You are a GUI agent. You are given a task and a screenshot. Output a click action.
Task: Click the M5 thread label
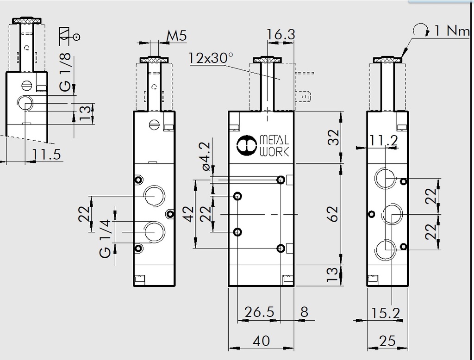tap(177, 35)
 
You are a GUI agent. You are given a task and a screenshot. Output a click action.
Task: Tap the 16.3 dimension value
tap(281, 35)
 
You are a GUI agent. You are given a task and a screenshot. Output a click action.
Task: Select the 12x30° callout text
tap(211, 59)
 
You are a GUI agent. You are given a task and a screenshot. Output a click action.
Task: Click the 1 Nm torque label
tap(451, 31)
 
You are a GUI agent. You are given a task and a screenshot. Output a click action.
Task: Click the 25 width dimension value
tap(387, 341)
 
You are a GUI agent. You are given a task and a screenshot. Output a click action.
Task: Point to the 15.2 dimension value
tap(385, 313)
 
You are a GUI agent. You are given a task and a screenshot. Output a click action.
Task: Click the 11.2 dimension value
tap(384, 141)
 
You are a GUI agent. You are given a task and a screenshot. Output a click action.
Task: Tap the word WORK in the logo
tap(275, 151)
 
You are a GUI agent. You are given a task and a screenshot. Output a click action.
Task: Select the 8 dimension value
tap(304, 312)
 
